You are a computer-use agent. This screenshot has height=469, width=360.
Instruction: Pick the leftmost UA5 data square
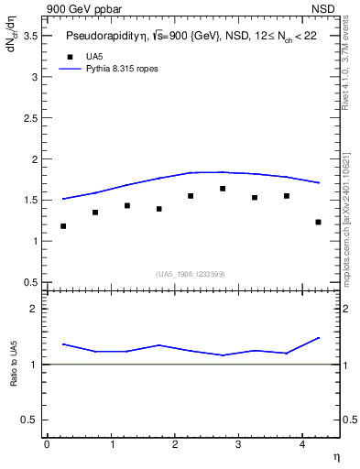(63, 226)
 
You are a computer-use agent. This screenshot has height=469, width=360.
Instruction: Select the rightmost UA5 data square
(318, 222)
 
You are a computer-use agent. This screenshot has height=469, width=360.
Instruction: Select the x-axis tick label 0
(47, 444)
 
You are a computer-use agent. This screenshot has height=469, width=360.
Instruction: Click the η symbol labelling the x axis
(335, 456)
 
